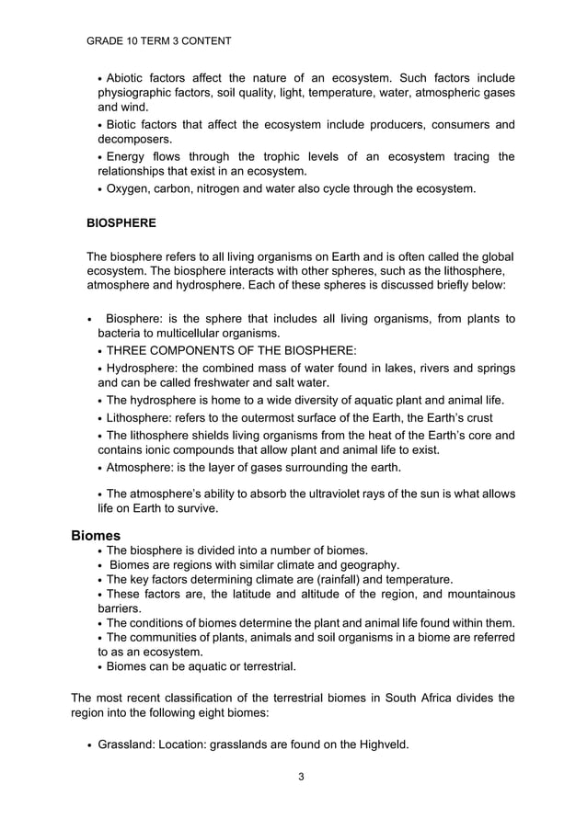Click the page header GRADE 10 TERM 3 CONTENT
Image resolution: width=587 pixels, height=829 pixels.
point(158,41)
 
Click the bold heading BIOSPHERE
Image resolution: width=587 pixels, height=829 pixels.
point(121,223)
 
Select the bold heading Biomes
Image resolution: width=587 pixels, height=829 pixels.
point(96,535)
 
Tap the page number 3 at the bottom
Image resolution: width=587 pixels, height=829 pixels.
point(301,777)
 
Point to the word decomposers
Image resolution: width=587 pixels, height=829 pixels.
point(134,140)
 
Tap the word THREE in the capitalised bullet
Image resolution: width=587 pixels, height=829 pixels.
point(127,350)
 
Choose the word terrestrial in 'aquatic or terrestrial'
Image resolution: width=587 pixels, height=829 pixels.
point(266,666)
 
